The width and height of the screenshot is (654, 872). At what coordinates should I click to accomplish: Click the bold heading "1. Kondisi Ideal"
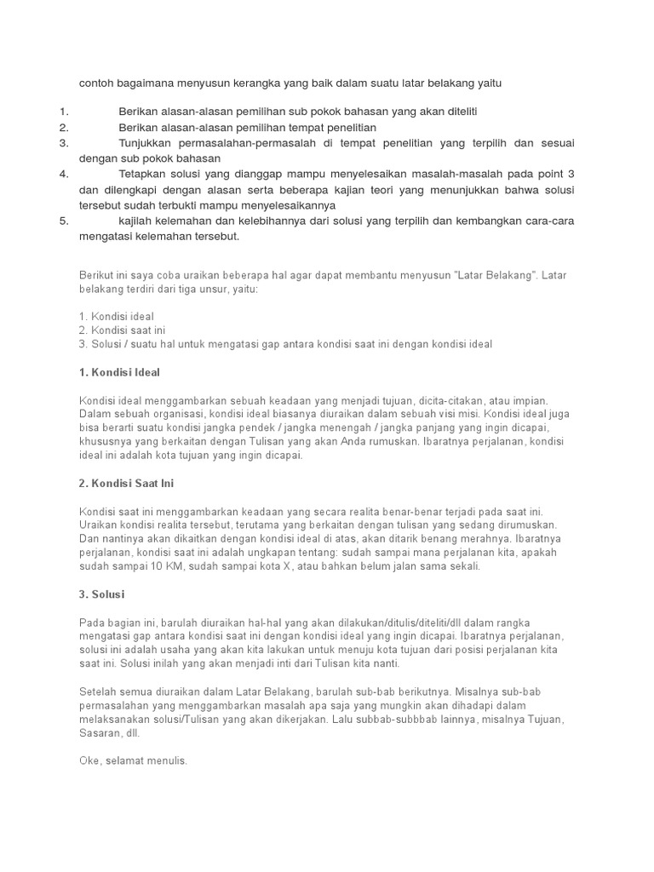point(119,372)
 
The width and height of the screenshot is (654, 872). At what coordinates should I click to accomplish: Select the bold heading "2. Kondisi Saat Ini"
point(126,483)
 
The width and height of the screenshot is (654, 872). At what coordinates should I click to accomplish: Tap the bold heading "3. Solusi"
point(104,594)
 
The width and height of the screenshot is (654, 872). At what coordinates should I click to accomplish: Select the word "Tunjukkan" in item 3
point(145,143)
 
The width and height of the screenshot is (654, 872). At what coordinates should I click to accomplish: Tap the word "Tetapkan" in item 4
point(142,174)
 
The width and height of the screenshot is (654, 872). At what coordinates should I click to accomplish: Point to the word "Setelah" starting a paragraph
point(98,691)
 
